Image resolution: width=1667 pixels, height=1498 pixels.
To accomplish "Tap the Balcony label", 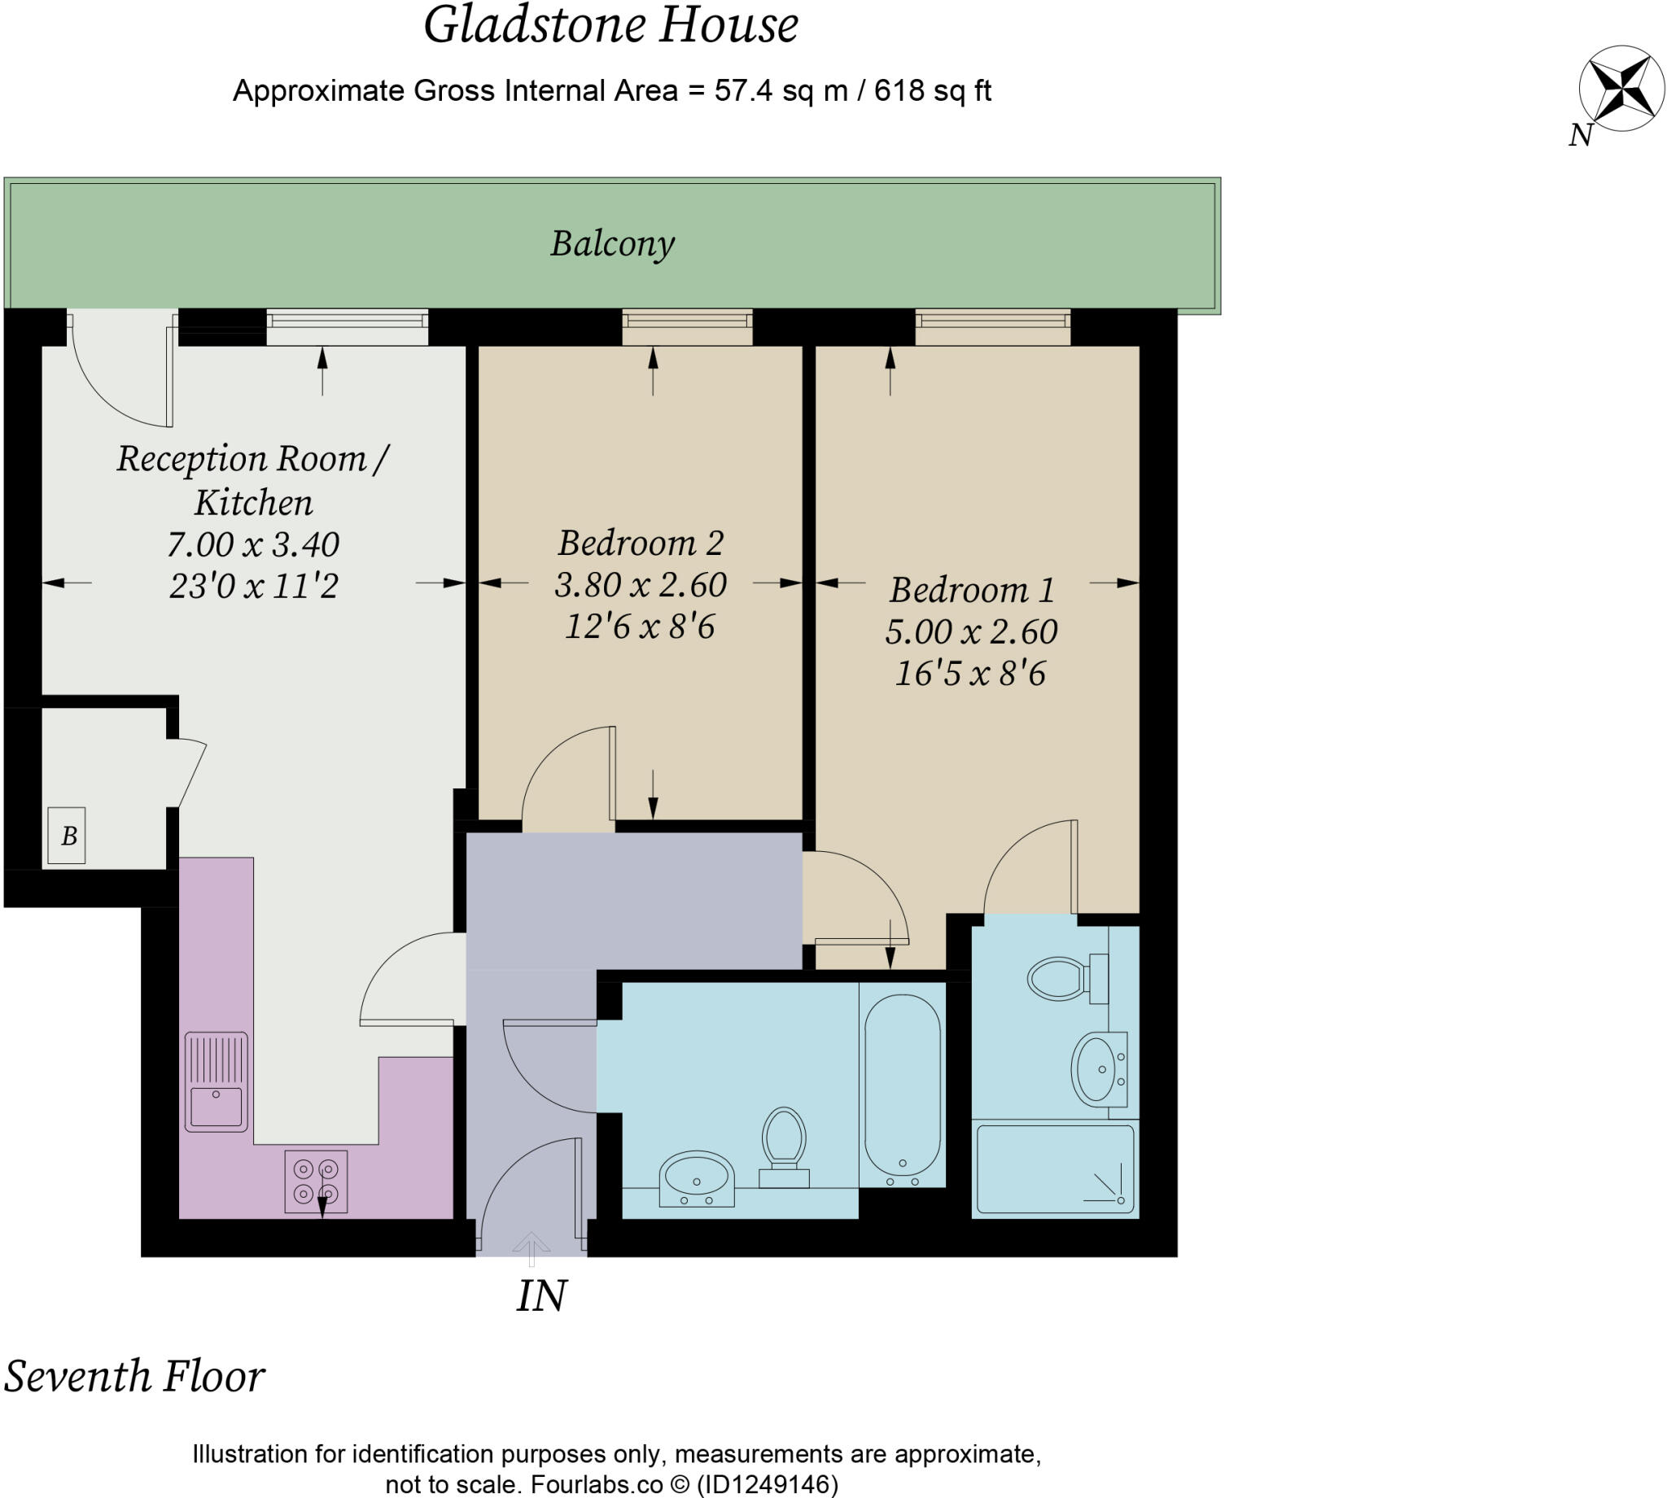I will (x=612, y=243).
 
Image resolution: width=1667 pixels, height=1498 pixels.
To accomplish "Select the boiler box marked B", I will (x=67, y=836).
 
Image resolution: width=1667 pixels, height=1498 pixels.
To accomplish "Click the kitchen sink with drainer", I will (x=216, y=1081).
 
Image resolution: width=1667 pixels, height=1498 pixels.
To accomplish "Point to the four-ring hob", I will (x=316, y=1182).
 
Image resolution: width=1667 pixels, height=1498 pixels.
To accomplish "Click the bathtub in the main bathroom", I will (x=902, y=1086).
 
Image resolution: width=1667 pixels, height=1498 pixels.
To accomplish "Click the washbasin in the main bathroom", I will (x=697, y=1179).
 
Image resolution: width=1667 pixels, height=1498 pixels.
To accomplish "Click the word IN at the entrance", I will (x=540, y=1296).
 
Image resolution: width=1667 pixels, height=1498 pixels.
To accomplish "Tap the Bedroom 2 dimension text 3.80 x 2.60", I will (x=641, y=585).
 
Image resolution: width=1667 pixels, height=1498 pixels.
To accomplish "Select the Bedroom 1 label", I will (x=971, y=590).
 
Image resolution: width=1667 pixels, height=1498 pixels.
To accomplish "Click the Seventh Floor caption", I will (x=134, y=1376).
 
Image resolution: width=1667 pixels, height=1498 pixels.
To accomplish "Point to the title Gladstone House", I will (x=610, y=24).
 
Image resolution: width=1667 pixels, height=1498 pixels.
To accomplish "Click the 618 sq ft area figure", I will (x=932, y=90).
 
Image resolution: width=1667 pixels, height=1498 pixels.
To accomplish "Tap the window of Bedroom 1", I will (x=992, y=327).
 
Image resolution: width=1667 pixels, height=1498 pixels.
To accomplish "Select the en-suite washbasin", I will (x=1097, y=1069).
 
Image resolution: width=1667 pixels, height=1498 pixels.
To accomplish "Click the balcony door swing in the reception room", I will (x=124, y=378).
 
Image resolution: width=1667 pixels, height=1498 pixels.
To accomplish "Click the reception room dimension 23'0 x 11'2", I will (x=253, y=587).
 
